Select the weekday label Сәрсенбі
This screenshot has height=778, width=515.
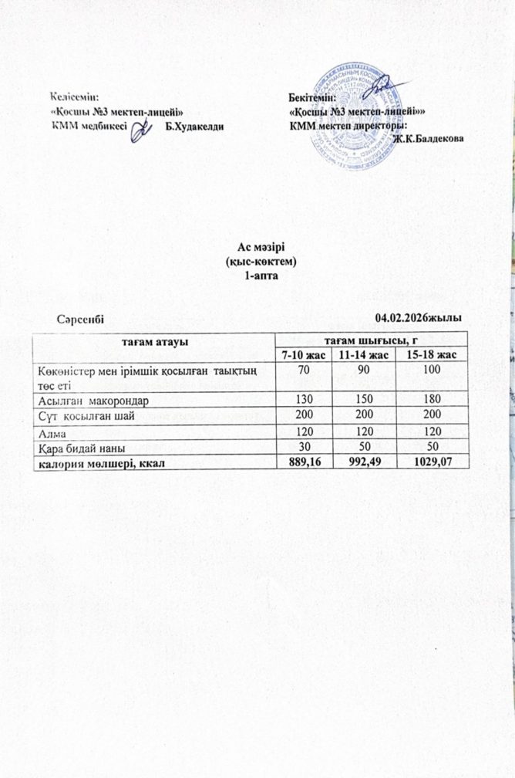[80, 316]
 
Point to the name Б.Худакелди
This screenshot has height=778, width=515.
[195, 127]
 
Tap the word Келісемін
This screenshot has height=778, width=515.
[75, 96]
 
